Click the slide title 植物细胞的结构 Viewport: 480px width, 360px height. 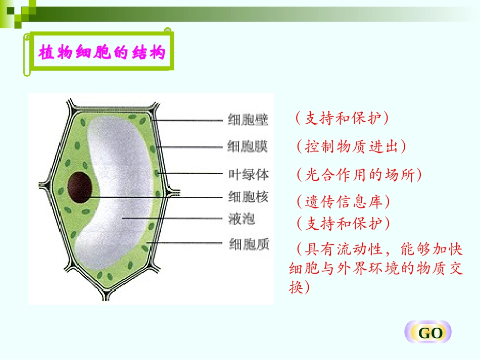pyautogui.click(x=102, y=53)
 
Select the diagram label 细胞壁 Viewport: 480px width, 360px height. pyautogui.click(x=248, y=120)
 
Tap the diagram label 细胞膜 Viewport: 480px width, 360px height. pyautogui.click(x=248, y=147)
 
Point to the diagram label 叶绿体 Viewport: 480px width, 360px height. pyautogui.click(x=248, y=175)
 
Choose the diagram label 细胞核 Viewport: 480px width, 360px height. pyautogui.click(x=248, y=196)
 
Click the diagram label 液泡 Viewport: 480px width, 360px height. pyautogui.click(x=242, y=219)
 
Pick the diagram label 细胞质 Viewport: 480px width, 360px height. pyautogui.click(x=249, y=244)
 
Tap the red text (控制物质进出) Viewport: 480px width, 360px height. pyautogui.click(x=351, y=147)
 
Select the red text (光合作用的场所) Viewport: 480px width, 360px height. pyautogui.click(x=358, y=175)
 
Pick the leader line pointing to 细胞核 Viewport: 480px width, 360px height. pyautogui.click(x=157, y=196)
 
